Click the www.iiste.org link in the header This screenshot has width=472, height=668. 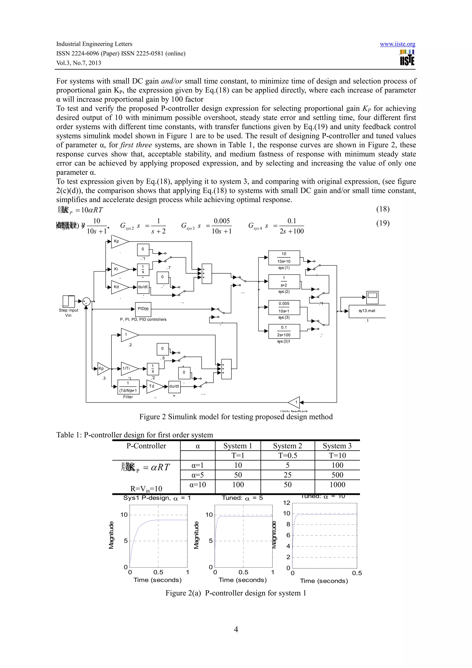coord(397,44)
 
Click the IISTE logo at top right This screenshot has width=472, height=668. coord(407,58)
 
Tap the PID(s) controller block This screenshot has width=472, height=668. coord(143,309)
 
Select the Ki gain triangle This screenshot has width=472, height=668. coord(119,269)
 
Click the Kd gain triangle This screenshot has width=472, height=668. coord(119,287)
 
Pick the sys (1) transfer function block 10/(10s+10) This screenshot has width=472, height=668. coord(284,257)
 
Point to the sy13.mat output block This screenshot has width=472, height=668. coord(367,311)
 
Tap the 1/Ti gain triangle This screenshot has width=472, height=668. coord(128,369)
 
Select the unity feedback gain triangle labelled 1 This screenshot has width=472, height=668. coord(295,402)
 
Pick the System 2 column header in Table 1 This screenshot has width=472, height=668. coord(287,446)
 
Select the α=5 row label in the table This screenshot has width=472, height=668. coord(198,475)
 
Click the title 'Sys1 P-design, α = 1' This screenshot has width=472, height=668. coord(157,498)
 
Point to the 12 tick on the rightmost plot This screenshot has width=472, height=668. coord(286,503)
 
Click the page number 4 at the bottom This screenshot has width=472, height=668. coord(236,630)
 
